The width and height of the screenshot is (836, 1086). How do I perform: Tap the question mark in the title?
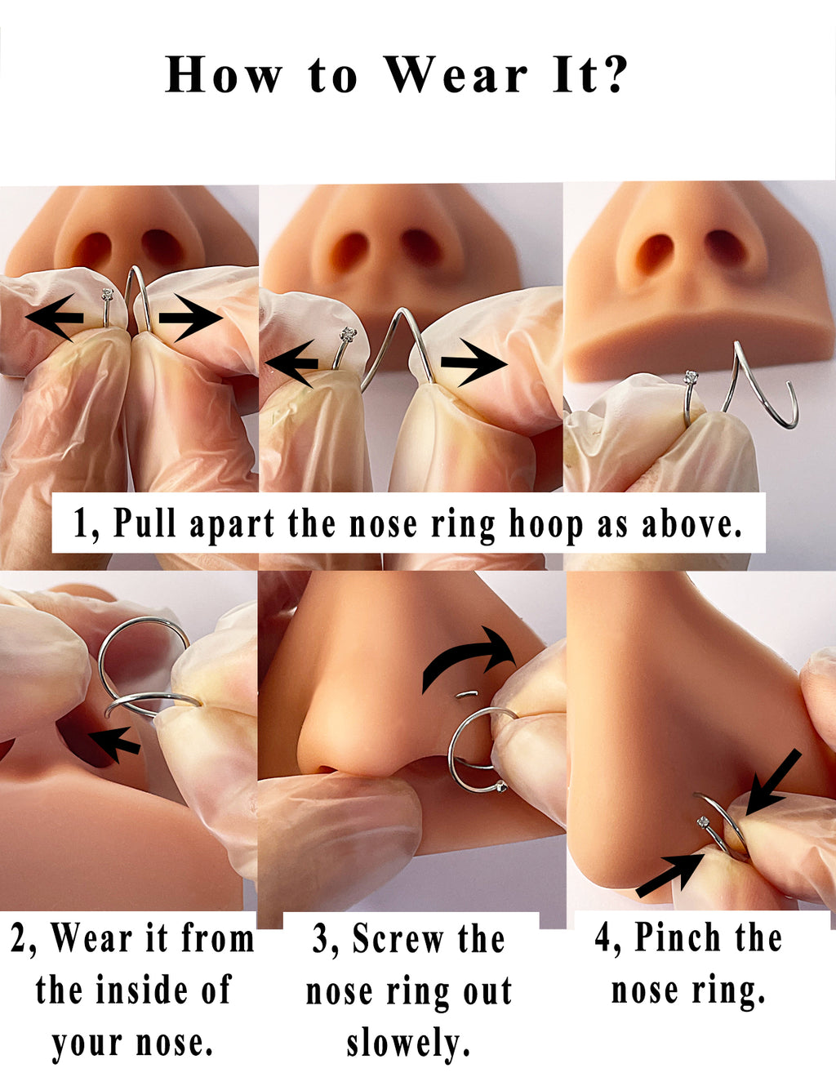pos(611,74)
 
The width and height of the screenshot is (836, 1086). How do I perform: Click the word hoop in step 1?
pos(545,524)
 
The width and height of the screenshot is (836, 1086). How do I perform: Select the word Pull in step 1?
pos(145,523)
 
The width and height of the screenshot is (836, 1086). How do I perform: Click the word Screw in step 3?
pos(398,938)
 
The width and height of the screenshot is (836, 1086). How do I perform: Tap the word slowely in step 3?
pos(408,1044)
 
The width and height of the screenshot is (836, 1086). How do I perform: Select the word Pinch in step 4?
pos(679,936)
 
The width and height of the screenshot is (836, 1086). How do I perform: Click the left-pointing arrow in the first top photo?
pos(55,318)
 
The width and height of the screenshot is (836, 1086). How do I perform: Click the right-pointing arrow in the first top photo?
pos(190,318)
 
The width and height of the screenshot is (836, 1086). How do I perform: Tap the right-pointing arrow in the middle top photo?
pos(474,363)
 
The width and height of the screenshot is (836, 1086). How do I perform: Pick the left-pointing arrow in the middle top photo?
pos(291,364)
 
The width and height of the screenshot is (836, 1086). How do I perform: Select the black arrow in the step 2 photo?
pos(113,743)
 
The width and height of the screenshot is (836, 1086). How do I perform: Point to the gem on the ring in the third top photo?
pos(691,376)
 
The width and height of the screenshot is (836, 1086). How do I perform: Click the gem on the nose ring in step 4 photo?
pos(703,821)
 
